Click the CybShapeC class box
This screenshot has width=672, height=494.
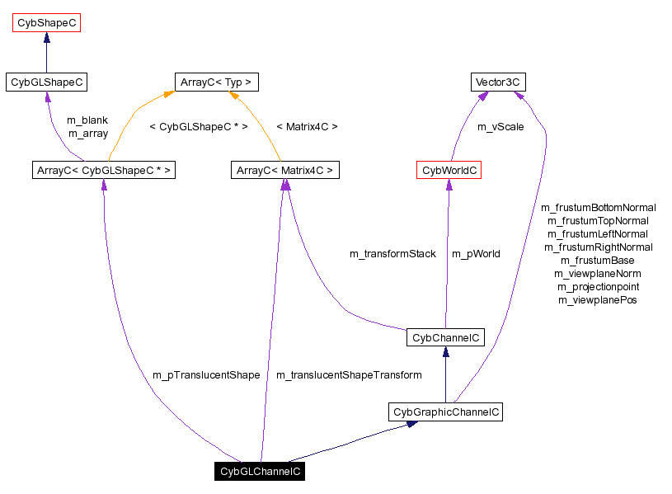coord(46,23)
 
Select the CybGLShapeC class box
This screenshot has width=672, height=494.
coord(46,82)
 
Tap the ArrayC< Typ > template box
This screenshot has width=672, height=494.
coord(217,82)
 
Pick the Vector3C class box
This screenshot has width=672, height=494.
coord(498,82)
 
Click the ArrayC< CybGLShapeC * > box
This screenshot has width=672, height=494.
coord(103,171)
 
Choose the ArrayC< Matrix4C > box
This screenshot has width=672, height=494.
coord(285,171)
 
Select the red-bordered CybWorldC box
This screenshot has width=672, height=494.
coord(449,171)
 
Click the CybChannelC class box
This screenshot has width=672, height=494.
coord(445,337)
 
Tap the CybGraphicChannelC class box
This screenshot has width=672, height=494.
coord(445,412)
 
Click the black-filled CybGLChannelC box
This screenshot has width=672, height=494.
coord(260,472)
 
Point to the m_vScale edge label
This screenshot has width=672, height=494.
coord(500,127)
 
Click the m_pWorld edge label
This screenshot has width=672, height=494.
coord(476,254)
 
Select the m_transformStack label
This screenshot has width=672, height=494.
coord(392,254)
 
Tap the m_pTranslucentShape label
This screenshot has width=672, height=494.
coord(206,375)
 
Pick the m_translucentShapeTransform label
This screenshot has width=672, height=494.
coord(349,375)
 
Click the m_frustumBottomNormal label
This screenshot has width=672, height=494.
coord(598,208)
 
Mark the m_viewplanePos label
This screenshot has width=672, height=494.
coord(598,300)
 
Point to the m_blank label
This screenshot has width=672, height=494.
coord(87,120)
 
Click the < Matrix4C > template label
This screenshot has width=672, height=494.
coord(307,127)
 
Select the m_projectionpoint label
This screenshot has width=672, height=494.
coord(598,287)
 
